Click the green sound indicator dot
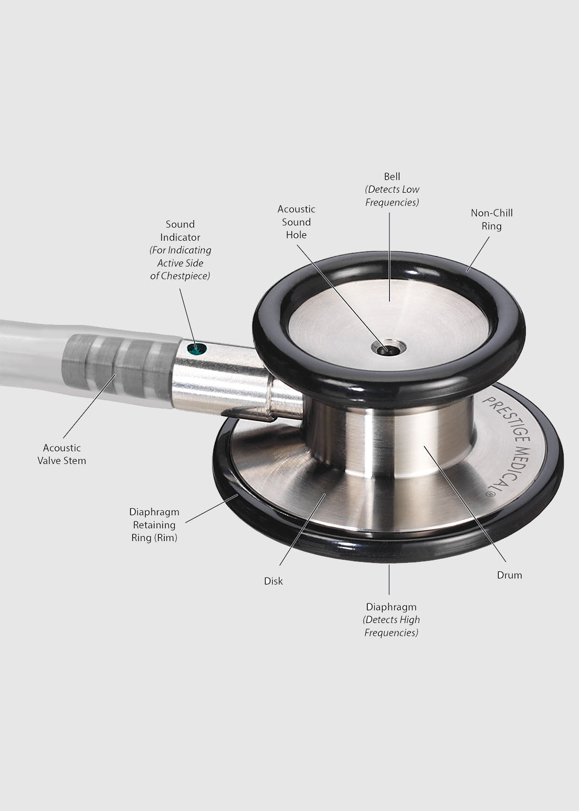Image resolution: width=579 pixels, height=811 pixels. [x=196, y=349]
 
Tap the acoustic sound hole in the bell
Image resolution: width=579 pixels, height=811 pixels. [x=388, y=349]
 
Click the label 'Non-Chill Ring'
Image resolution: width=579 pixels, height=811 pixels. [x=492, y=220]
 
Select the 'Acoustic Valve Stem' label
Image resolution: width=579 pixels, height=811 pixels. [x=62, y=454]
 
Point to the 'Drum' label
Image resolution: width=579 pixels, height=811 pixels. [x=510, y=575]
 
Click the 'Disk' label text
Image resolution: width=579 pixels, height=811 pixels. [x=273, y=581]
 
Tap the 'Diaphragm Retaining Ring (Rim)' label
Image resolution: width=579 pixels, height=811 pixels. [x=154, y=525]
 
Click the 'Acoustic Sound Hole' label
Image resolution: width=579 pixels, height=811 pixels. [x=296, y=222]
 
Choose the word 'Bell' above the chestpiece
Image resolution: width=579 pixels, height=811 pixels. [x=392, y=177]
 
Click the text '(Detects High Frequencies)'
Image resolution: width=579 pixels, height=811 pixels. [x=391, y=626]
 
